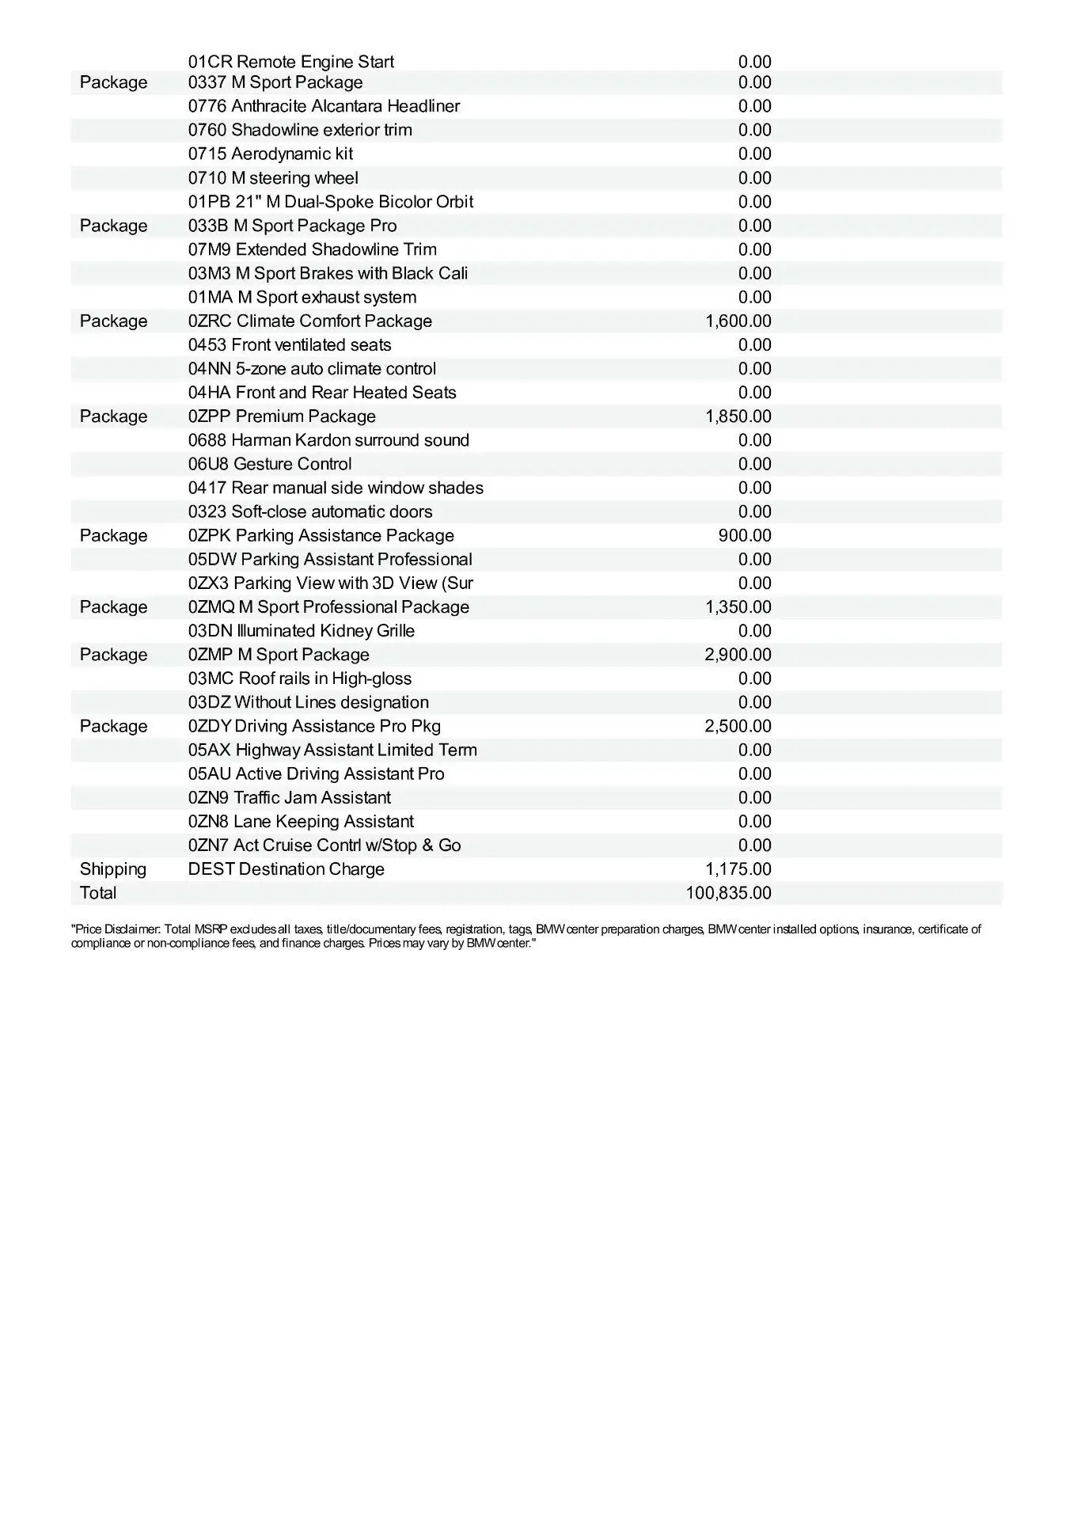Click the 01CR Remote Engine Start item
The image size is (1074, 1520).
290,62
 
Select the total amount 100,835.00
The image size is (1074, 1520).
728,893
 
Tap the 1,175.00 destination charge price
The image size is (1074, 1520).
738,869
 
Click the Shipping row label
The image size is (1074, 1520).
113,869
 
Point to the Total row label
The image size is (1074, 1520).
98,893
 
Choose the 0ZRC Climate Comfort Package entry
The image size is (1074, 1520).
310,321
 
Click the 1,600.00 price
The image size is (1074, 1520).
738,321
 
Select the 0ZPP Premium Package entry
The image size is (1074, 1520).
282,416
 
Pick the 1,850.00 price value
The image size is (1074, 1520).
738,416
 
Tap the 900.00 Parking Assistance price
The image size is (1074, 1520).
744,536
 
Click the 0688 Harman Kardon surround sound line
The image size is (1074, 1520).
328,440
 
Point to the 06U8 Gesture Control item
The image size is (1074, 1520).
270,464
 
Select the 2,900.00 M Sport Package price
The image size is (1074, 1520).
738,655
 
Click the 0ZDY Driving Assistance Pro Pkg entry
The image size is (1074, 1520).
314,726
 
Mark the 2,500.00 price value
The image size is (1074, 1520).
738,726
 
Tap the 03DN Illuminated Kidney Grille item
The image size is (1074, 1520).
302,631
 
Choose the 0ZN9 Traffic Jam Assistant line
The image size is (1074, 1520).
290,797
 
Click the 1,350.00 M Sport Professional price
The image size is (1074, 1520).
738,607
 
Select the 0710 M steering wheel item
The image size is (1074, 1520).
273,178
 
